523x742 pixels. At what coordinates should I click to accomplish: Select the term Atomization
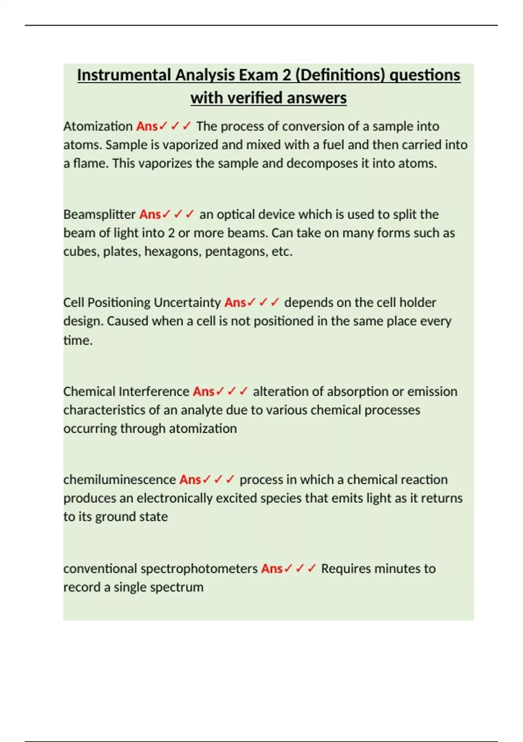pyautogui.click(x=98, y=126)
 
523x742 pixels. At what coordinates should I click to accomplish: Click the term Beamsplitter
pyautogui.click(x=99, y=214)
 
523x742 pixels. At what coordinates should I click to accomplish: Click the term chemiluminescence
pyautogui.click(x=119, y=480)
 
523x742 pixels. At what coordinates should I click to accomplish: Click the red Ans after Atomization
pyautogui.click(x=147, y=126)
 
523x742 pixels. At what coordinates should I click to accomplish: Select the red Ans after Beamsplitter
pyautogui.click(x=150, y=214)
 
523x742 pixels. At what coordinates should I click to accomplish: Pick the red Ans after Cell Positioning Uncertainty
pyautogui.click(x=235, y=302)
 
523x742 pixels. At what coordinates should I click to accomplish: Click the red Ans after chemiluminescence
pyautogui.click(x=190, y=480)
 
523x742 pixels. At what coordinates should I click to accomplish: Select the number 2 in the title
pyautogui.click(x=286, y=75)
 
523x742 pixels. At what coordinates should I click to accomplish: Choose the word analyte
pyautogui.click(x=201, y=410)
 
